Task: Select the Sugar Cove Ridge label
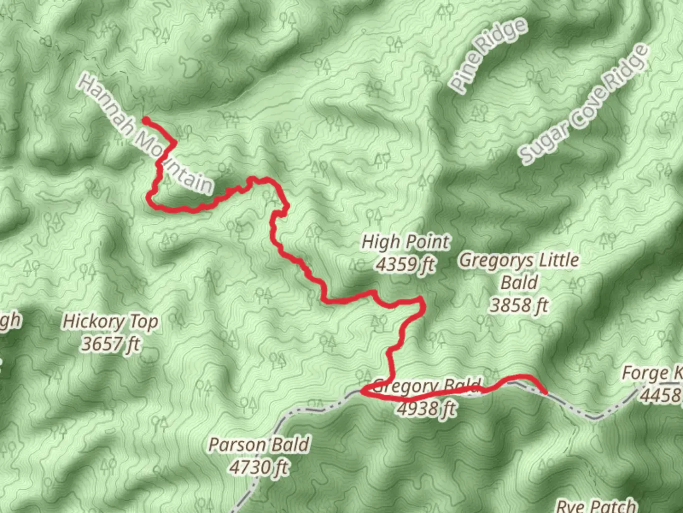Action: click(583, 104)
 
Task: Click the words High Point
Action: click(406, 242)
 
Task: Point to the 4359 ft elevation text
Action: click(406, 264)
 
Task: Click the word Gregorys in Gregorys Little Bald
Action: click(490, 260)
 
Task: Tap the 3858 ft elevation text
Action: click(519, 305)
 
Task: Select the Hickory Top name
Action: click(111, 322)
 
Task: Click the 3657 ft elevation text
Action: click(111, 343)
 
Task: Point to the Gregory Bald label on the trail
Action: click(427, 385)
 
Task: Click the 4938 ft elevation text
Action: click(427, 408)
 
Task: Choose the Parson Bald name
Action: click(259, 445)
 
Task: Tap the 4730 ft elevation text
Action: click(259, 467)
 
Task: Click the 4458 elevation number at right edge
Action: click(661, 395)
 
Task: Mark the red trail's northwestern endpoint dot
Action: click(146, 120)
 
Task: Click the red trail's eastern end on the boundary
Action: click(545, 392)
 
